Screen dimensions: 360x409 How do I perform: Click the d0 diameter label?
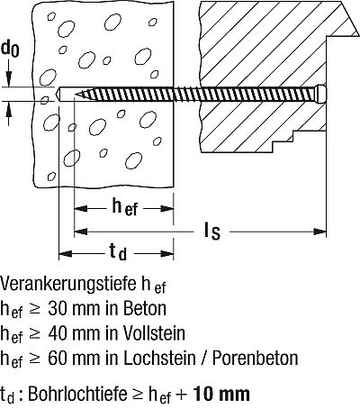[x=10, y=49]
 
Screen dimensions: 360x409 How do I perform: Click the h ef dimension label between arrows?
[x=124, y=207]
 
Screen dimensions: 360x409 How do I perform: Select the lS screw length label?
[x=212, y=232]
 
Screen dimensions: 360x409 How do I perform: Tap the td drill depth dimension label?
[x=118, y=251]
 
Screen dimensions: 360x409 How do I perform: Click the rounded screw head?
[x=320, y=94]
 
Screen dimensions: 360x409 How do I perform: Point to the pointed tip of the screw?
[x=75, y=95]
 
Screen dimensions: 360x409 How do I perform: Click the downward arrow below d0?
[x=10, y=73]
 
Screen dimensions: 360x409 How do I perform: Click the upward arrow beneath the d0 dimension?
[x=10, y=114]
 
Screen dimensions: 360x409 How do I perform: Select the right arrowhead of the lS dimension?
[x=319, y=232]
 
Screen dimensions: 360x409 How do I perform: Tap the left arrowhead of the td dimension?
[x=66, y=254]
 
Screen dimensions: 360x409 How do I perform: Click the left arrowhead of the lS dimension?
[x=81, y=232]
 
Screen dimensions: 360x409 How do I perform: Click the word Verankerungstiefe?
[x=68, y=284]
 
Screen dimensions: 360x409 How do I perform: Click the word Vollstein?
[x=154, y=333]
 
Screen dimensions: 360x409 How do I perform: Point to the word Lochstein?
[x=159, y=358]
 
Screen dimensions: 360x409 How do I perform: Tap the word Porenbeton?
[x=256, y=358]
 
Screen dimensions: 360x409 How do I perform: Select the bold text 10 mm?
[x=221, y=394]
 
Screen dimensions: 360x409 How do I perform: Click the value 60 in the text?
[x=57, y=358]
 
